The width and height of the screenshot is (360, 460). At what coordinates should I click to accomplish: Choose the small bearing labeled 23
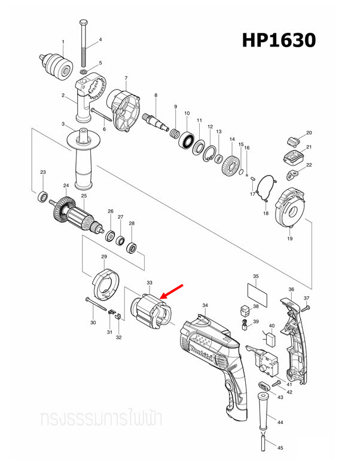click(x=42, y=195)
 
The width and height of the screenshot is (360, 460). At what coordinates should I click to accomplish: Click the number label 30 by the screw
click(x=93, y=323)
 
